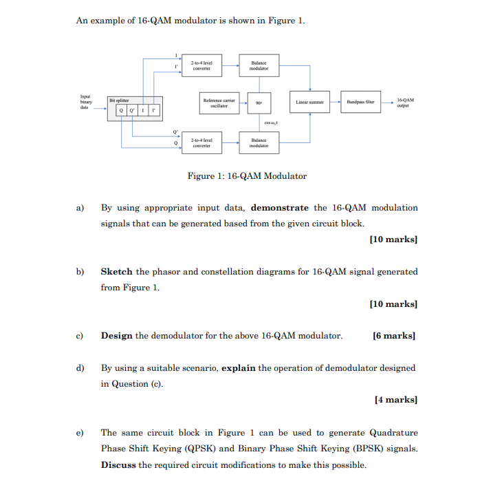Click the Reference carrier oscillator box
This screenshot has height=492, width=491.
point(216,103)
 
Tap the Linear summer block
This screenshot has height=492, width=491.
point(310,103)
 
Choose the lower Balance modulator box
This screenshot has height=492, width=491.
point(259,142)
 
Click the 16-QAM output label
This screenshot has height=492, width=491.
point(406,103)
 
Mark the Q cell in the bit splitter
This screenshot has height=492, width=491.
point(122,111)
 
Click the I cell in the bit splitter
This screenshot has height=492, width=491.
point(144,111)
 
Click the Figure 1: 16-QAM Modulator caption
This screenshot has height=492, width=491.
point(247,176)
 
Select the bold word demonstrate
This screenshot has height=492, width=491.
point(280,208)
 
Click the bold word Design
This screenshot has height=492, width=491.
point(116,336)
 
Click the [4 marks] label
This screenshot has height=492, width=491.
point(396,400)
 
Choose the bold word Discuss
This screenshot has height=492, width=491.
point(118,464)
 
